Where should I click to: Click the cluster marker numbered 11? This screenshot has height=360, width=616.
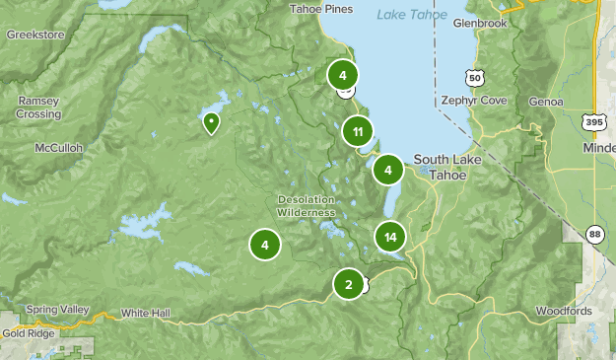coord(358,130)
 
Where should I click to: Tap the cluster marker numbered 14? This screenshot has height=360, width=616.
coord(391,237)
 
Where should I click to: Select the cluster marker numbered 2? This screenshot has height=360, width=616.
coord(347,285)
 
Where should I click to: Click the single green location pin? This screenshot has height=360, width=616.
coord(211,123)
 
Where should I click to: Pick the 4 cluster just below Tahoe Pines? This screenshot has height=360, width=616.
coord(342,75)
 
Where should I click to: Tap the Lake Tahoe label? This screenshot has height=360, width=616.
coord(412,14)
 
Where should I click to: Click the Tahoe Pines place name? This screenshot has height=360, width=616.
coord(320,9)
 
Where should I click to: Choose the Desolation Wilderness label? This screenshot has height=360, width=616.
coord(306,205)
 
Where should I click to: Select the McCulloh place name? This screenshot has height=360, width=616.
coord(57,148)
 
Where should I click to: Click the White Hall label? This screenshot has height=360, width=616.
coord(146,313)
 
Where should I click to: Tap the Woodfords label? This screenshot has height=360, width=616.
coord(565,311)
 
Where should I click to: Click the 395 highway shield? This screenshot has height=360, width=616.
coord(593,122)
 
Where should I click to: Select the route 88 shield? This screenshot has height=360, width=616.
coord(594,234)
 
